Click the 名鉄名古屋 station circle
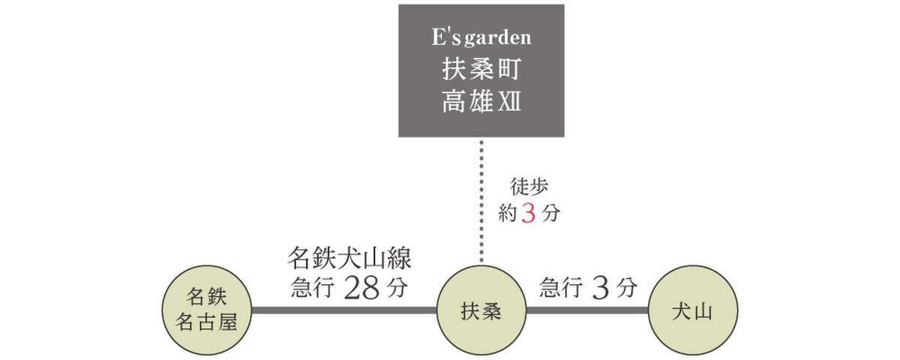coord(206,310)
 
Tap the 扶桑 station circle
coord(481,310)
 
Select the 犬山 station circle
coord(694,310)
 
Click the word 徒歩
coord(529,187)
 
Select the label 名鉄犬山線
coord(349,259)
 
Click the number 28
coord(363,289)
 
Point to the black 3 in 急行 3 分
coord(600,289)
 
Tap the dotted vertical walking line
coord(481,202)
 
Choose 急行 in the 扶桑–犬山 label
coord(559,289)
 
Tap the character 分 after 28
coord(397,289)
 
